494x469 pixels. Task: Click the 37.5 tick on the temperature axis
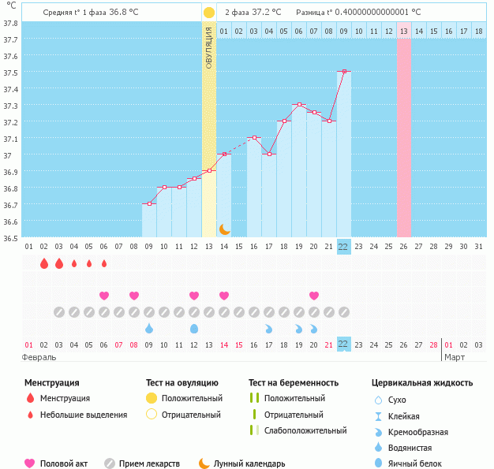coord(11,73)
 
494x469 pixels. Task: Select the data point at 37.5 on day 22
coord(343,71)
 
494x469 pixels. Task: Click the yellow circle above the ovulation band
coord(208,13)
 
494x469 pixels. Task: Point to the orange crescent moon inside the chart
coord(224,229)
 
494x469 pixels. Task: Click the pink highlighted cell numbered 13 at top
coord(403,31)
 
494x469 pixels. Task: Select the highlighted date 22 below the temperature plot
coord(343,246)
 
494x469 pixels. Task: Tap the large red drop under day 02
coord(43,263)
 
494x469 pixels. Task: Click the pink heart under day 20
coord(314,296)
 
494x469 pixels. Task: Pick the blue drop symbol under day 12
coord(194,328)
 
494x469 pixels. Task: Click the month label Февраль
coord(39,357)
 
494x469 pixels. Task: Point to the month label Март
coord(455,357)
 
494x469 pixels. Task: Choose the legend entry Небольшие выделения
coord(84,415)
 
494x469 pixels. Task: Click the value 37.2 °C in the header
coord(266,13)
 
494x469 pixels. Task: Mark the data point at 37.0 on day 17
coord(269,154)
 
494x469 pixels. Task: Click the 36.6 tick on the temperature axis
coord(11,221)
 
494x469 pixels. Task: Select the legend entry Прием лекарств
coord(149,464)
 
